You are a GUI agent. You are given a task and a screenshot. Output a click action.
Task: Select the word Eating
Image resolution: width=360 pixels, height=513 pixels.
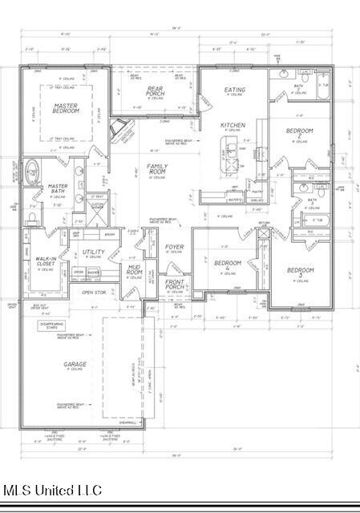point(235,90)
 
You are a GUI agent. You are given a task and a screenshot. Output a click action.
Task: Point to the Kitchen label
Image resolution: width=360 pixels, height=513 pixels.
point(232,126)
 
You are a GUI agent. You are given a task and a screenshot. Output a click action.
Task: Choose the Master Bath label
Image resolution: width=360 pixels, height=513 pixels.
point(56,189)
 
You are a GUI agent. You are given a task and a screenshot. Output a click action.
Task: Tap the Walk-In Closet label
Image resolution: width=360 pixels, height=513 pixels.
point(44,261)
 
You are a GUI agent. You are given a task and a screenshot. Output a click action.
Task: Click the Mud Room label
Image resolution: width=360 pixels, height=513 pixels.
point(134,271)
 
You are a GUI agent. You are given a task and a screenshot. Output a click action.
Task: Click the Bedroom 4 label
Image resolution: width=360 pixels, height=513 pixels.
point(227,265)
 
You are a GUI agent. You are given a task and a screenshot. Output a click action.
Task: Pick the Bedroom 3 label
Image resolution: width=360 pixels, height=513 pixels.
point(300,272)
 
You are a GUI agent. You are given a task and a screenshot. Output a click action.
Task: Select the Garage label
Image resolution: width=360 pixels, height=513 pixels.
point(75,365)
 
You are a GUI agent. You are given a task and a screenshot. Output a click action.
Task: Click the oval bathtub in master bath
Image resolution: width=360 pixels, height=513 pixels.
point(33,172)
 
